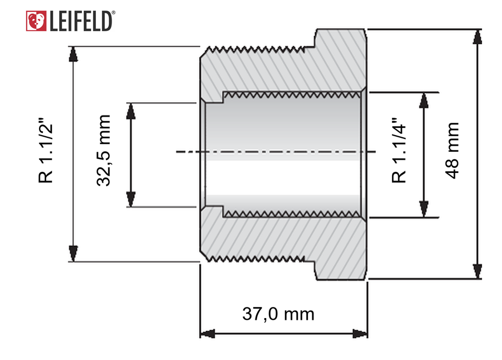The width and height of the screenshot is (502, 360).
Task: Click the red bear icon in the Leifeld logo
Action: [x=36, y=21]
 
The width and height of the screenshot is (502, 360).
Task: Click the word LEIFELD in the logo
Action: [x=81, y=21]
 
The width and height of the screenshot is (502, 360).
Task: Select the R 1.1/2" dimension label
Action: [x=45, y=151]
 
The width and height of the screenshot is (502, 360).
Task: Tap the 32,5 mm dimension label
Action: [x=103, y=150]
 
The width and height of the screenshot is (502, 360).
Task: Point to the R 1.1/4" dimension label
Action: [x=399, y=151]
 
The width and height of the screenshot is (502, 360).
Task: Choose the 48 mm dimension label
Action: [x=452, y=150]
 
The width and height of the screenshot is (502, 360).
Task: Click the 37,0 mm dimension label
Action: [x=278, y=314]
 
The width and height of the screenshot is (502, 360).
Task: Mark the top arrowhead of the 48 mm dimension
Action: [x=477, y=36]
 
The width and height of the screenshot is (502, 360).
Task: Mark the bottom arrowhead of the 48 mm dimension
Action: [x=477, y=271]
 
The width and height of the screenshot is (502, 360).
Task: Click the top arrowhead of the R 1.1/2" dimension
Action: [x=73, y=54]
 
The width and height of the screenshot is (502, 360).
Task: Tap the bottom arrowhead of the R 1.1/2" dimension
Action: [x=73, y=253]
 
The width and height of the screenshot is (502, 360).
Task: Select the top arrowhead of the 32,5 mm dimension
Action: [x=131, y=111]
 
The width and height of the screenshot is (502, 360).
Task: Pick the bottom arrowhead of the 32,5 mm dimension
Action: [x=131, y=199]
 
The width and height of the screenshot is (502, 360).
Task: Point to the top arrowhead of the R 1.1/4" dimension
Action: [x=424, y=100]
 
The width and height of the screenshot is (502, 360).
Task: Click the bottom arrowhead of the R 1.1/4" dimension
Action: [x=424, y=210]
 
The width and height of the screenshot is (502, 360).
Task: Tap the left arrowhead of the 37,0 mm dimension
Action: [x=207, y=334]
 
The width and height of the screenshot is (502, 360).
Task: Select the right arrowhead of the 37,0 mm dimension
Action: [x=360, y=334]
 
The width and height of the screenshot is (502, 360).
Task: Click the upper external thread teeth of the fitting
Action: [x=255, y=50]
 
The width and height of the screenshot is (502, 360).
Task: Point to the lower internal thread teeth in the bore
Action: [x=291, y=214]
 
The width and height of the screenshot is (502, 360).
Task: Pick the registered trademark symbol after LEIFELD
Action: [x=113, y=13]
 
